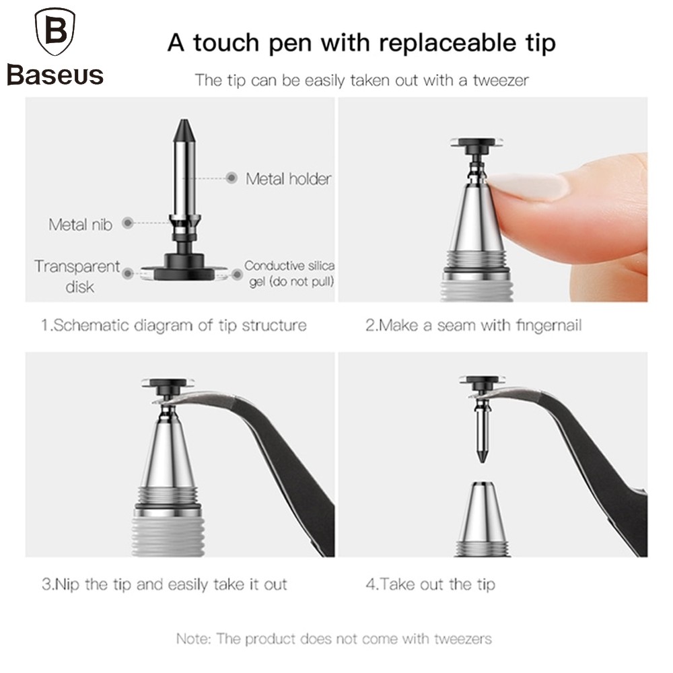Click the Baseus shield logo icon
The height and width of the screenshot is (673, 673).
[x=55, y=32]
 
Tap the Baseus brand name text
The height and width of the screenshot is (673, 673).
[x=55, y=75]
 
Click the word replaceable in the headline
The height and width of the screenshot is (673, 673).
[x=448, y=43]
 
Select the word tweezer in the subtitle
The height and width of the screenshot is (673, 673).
[x=501, y=80]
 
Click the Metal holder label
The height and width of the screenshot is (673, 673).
[x=289, y=178]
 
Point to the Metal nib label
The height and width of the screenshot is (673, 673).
[x=80, y=225]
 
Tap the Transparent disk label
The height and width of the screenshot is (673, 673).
[x=77, y=276]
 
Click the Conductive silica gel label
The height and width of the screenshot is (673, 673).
[x=289, y=273]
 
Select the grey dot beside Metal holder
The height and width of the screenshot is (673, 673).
[x=232, y=178]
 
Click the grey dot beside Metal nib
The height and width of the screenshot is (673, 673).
[x=128, y=223]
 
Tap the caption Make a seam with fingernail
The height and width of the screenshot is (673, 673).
[x=473, y=325]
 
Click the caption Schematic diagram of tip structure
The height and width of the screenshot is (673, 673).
[x=174, y=325]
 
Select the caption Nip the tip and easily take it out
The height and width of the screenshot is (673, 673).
[x=164, y=584]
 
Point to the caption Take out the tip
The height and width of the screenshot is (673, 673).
[x=430, y=584]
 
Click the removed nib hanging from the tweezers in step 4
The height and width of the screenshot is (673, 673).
[x=482, y=429]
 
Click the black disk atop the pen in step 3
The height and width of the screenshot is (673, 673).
[x=168, y=384]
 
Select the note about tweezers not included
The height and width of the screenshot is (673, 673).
[x=334, y=639]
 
